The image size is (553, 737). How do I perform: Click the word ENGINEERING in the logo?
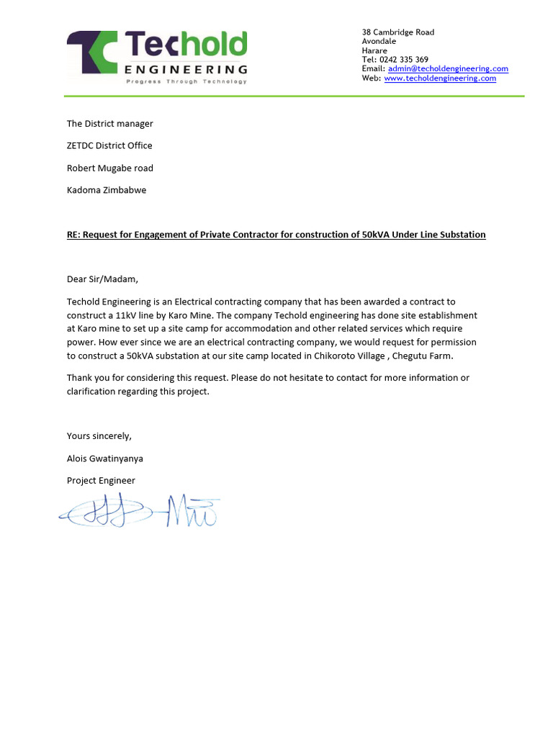pyautogui.click(x=186, y=70)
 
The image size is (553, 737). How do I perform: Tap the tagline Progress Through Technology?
pyautogui.click(x=186, y=82)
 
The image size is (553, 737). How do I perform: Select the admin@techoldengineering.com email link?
pyautogui.click(x=448, y=69)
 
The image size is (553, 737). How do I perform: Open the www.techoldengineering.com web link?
pyautogui.click(x=440, y=78)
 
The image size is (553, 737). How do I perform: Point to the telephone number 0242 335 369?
pyautogui.click(x=404, y=60)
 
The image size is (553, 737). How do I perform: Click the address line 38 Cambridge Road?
pyautogui.click(x=397, y=32)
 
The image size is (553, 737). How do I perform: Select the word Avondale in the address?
pyautogui.click(x=379, y=42)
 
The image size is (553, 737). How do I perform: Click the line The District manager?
pyautogui.click(x=109, y=124)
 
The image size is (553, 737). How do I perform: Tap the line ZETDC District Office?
pyautogui.click(x=109, y=146)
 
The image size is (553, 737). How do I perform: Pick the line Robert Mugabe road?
pyautogui.click(x=109, y=168)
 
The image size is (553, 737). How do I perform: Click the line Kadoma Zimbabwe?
pyautogui.click(x=107, y=191)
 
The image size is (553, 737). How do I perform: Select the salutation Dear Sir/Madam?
pyautogui.click(x=102, y=279)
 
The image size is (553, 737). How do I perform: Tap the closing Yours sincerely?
pyautogui.click(x=99, y=436)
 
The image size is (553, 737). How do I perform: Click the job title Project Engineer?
pyautogui.click(x=101, y=481)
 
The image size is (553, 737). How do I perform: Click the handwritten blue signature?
pyautogui.click(x=140, y=511)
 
